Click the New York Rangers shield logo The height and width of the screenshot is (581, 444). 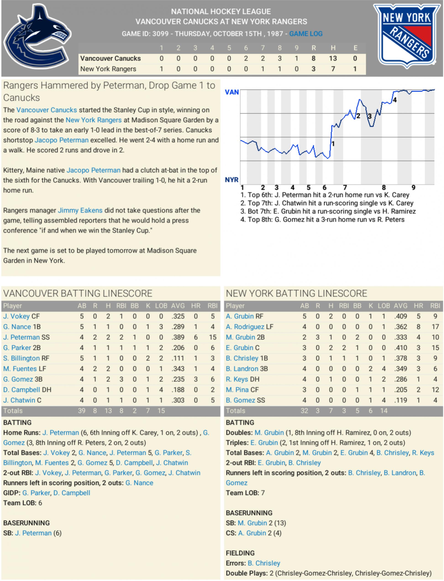(407, 36)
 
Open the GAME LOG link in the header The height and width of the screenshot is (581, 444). (306, 34)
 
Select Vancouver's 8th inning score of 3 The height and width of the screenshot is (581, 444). (280, 58)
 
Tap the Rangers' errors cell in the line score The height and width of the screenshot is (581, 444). (355, 69)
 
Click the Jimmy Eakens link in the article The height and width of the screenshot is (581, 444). (80, 210)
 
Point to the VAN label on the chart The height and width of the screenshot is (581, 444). (232, 92)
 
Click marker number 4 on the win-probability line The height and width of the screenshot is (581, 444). (395, 100)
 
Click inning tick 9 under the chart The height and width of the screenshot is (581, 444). (413, 188)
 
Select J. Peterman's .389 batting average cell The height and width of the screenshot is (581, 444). (178, 337)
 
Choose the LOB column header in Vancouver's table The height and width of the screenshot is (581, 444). (161, 306)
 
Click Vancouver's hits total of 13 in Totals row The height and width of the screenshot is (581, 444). (108, 411)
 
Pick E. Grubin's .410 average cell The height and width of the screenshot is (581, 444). (401, 348)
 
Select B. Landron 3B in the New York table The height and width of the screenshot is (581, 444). (247, 369)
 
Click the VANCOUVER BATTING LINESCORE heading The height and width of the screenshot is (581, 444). (78, 293)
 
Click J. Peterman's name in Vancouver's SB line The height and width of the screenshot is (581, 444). (33, 533)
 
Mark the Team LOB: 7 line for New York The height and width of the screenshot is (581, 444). (245, 493)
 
